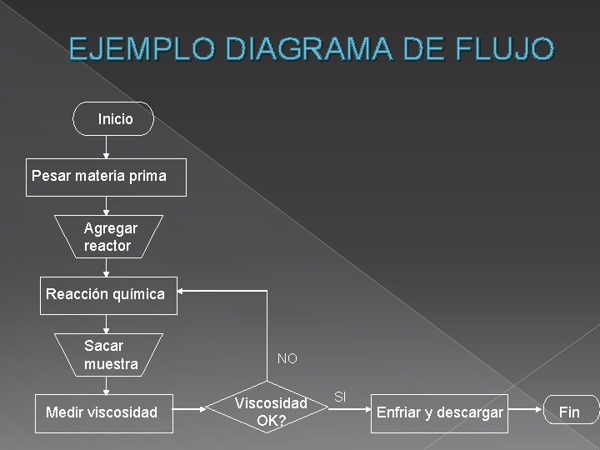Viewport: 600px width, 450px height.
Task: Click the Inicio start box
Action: click(x=115, y=119)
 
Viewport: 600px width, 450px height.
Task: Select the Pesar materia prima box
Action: click(x=106, y=177)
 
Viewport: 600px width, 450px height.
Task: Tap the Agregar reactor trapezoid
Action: click(x=108, y=237)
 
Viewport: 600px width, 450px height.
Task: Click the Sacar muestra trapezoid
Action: click(x=109, y=355)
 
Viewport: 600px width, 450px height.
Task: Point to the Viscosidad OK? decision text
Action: click(x=271, y=412)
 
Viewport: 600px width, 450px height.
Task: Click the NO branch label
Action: click(x=287, y=359)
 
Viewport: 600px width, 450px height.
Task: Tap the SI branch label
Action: click(x=340, y=397)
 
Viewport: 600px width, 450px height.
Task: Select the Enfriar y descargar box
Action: click(x=440, y=412)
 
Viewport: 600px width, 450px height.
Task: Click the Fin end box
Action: click(x=569, y=412)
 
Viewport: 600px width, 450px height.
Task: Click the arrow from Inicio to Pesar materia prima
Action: click(x=106, y=147)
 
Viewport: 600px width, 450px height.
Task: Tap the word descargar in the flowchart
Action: click(x=470, y=412)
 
